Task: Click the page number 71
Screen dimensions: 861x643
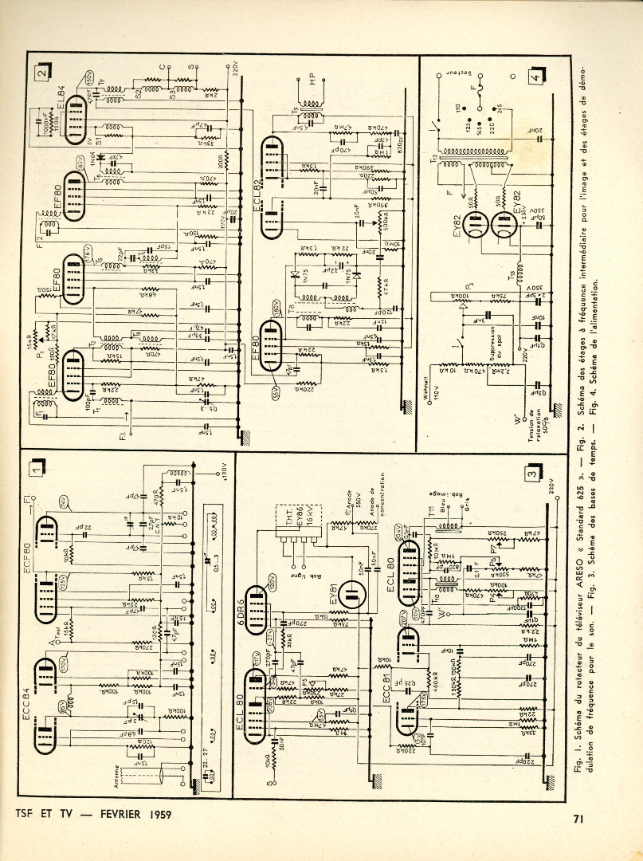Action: (x=580, y=817)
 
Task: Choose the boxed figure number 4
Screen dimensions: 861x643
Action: (x=539, y=77)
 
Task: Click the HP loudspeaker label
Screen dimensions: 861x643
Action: (x=312, y=79)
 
